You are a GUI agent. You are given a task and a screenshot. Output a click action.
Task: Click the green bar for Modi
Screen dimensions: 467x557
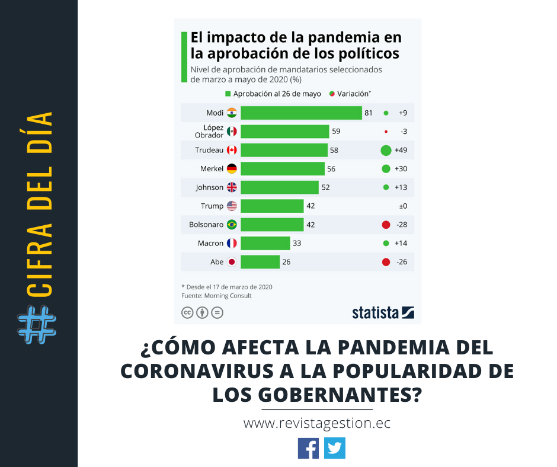(301, 113)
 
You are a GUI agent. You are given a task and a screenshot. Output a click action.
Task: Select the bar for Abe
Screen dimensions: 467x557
(260, 262)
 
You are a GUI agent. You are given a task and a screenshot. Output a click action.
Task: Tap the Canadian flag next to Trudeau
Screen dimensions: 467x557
(232, 151)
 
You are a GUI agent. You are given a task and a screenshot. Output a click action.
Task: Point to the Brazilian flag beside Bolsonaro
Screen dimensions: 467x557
(232, 225)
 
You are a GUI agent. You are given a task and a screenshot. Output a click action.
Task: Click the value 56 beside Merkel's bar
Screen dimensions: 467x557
(331, 169)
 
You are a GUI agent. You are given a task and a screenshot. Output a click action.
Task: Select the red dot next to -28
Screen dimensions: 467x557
(386, 225)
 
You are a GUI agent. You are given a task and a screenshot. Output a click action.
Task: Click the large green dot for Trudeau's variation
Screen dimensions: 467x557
(386, 151)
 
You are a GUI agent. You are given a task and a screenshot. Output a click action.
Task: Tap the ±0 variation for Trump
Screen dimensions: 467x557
(402, 206)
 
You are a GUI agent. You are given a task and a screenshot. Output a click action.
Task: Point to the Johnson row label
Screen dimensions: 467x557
(210, 187)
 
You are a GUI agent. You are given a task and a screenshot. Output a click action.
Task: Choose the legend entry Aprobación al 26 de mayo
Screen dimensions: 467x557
(273, 94)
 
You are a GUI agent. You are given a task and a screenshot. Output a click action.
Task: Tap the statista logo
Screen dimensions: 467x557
(383, 312)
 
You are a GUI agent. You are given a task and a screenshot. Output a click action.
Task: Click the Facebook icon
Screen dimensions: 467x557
(308, 448)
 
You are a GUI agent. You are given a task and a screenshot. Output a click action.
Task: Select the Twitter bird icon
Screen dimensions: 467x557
(335, 448)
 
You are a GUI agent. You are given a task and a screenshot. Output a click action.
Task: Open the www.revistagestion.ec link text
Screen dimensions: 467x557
(317, 424)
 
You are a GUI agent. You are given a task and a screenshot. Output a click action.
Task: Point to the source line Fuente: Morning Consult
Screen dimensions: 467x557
(216, 296)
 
